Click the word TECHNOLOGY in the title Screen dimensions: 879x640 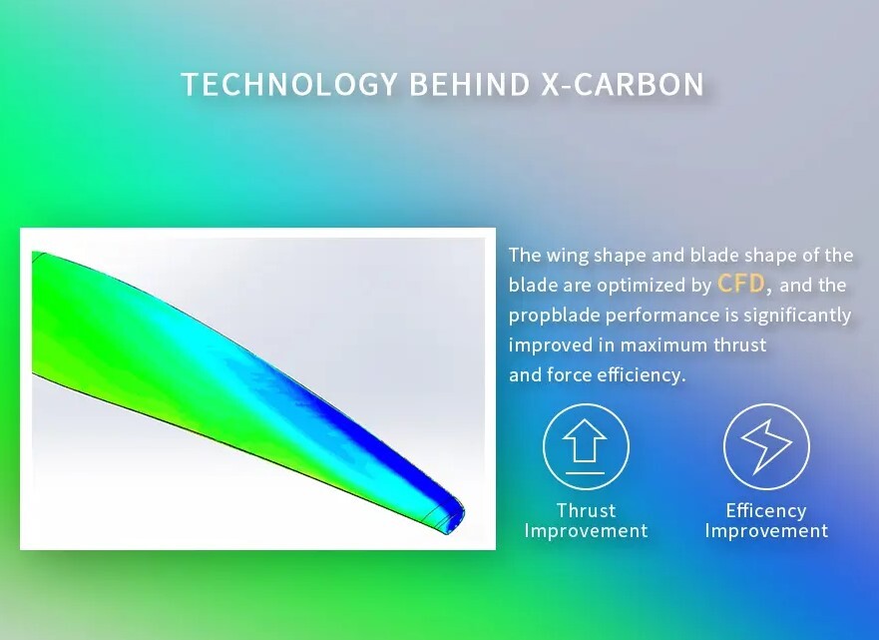(289, 84)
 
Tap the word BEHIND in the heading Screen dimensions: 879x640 (469, 84)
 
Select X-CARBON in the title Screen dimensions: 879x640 (623, 84)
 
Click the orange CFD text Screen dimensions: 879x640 (740, 284)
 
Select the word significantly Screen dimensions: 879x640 (797, 316)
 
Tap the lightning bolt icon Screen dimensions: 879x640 (766, 446)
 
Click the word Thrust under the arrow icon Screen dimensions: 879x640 (586, 510)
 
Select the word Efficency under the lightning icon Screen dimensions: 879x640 (766, 510)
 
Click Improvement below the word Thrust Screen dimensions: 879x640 (586, 530)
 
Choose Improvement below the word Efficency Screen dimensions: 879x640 (766, 530)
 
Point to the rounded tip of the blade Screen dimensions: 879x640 (461, 513)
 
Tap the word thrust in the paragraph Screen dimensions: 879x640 (739, 344)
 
